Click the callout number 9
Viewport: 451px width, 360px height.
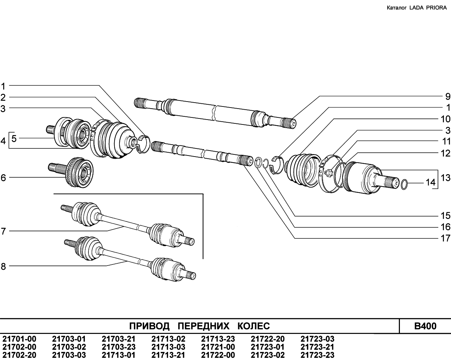(x=447, y=97)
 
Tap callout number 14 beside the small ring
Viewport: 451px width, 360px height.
(x=431, y=182)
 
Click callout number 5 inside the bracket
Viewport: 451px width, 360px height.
(x=14, y=139)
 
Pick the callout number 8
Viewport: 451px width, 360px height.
(x=4, y=267)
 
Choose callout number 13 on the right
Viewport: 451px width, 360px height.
(x=446, y=172)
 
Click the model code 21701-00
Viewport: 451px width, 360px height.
(x=19, y=339)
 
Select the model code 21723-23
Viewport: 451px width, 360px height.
(x=317, y=355)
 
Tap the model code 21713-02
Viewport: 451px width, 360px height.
(x=168, y=339)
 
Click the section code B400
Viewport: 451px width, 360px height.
(x=425, y=326)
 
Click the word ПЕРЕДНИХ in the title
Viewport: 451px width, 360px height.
(x=203, y=326)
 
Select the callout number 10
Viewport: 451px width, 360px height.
(x=446, y=119)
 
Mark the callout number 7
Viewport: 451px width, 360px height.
(x=4, y=231)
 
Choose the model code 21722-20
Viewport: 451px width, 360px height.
(x=268, y=339)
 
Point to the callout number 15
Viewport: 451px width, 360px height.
(x=446, y=215)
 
